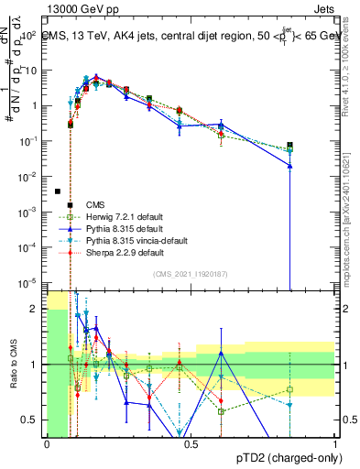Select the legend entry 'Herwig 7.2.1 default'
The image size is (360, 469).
click(122, 216)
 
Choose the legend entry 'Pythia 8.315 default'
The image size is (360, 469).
click(121, 228)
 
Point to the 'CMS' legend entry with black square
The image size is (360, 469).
click(94, 204)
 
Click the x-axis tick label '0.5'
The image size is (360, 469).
click(191, 443)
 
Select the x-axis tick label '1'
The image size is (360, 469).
click(335, 443)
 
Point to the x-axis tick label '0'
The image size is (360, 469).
click(47, 443)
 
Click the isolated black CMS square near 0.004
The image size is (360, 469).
click(58, 191)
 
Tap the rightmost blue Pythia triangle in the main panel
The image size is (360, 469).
click(289, 166)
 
